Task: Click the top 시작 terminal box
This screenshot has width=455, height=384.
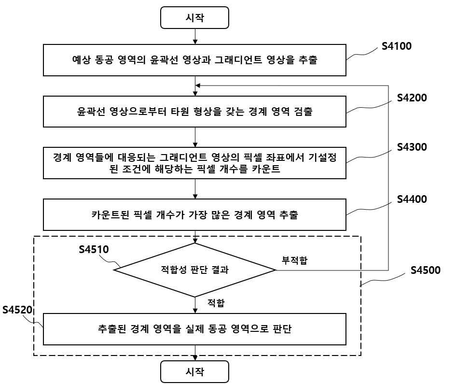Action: coord(195,18)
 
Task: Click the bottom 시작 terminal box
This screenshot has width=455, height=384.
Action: coord(195,371)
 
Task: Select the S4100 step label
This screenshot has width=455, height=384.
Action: coord(397,46)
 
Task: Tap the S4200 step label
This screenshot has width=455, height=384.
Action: coord(412,98)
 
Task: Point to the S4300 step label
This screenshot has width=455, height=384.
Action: coord(412,147)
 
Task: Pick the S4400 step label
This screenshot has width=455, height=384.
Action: coord(412,199)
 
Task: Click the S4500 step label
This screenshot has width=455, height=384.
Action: coord(426,270)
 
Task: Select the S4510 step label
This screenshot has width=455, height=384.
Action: coord(94,250)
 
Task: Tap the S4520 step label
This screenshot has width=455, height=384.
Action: coord(17,310)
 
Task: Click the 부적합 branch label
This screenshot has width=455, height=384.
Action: coord(294,260)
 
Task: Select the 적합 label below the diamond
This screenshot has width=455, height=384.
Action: coord(216,303)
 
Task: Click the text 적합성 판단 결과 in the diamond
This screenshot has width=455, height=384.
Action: coord(195,270)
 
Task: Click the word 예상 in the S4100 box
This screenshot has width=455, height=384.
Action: coord(82,60)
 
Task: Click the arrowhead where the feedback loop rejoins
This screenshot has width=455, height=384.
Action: coord(198,85)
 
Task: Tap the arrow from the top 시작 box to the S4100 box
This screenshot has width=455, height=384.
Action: coord(195,37)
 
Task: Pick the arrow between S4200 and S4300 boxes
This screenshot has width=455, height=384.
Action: coord(195,137)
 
